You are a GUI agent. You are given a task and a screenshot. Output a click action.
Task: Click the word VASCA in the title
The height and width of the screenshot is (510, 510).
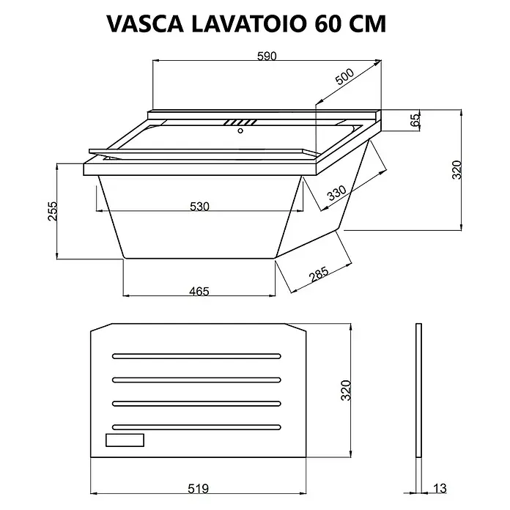tap(145, 23)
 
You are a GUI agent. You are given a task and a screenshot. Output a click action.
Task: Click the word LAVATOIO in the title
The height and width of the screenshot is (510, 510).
tap(249, 23)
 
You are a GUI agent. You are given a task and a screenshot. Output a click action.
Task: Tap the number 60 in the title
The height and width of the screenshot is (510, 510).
tap(328, 23)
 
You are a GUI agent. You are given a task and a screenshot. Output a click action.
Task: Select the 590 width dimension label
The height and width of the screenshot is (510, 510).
tap(267, 56)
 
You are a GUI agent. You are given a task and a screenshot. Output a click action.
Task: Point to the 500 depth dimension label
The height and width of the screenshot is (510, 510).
tap(344, 77)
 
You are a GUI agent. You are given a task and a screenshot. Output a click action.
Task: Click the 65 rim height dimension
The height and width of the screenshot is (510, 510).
tap(415, 121)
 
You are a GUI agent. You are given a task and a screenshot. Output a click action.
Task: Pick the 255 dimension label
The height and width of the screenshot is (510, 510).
tap(52, 212)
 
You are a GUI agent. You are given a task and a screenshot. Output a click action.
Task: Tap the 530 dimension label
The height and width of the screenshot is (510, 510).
tap(199, 206)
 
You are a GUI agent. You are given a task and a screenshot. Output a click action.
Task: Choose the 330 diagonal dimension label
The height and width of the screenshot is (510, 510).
tap(336, 193)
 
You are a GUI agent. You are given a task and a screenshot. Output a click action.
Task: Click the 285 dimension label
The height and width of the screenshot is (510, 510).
tap(319, 274)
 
